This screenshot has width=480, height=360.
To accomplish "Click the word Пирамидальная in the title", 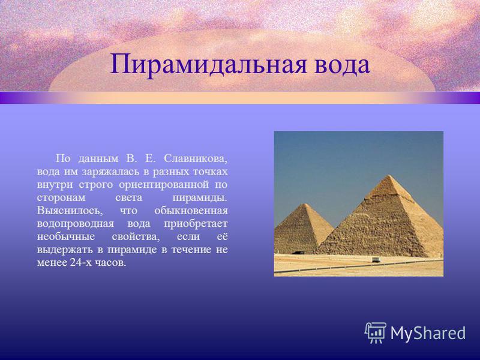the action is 208,65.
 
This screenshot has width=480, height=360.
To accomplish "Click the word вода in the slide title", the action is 342,65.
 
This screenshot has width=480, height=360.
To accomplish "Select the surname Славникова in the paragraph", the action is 196,159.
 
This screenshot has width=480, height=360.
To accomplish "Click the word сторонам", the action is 61,198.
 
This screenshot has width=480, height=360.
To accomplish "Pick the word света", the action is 128,198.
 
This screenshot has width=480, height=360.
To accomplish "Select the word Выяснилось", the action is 68,211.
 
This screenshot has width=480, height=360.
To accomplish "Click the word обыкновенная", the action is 191,211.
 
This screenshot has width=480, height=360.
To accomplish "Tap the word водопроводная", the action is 76,224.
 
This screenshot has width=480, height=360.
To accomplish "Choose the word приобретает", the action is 196,224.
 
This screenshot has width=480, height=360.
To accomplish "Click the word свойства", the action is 136,237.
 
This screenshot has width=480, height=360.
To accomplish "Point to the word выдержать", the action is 65,250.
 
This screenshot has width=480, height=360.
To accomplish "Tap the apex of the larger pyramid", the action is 388,175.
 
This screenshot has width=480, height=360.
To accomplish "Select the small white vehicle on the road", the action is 376,260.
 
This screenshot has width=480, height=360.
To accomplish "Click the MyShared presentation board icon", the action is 376,332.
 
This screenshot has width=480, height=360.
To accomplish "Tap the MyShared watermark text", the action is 428,333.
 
